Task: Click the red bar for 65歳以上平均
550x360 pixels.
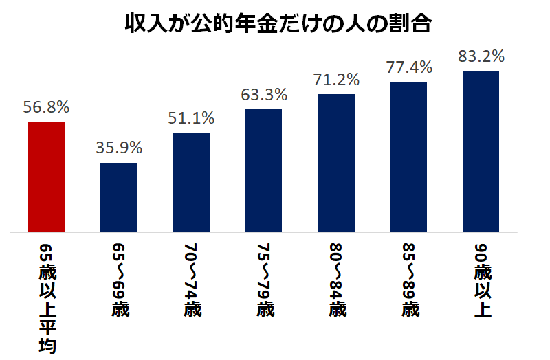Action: coord(46,177)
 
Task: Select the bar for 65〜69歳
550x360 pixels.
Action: coord(118,197)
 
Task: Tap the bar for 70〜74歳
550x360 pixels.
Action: coord(191,182)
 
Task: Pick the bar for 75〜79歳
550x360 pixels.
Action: coord(263,170)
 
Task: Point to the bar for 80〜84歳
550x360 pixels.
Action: coord(336,162)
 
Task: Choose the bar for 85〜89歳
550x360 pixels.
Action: coord(408,157)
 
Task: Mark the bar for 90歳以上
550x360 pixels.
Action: coord(481,150)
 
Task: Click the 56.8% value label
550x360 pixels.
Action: coord(46,107)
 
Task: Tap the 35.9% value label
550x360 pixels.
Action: coord(118,147)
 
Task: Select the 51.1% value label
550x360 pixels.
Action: coord(191,117)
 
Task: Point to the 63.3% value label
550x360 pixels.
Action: coord(263,93)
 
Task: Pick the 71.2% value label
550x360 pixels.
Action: coord(336,79)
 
